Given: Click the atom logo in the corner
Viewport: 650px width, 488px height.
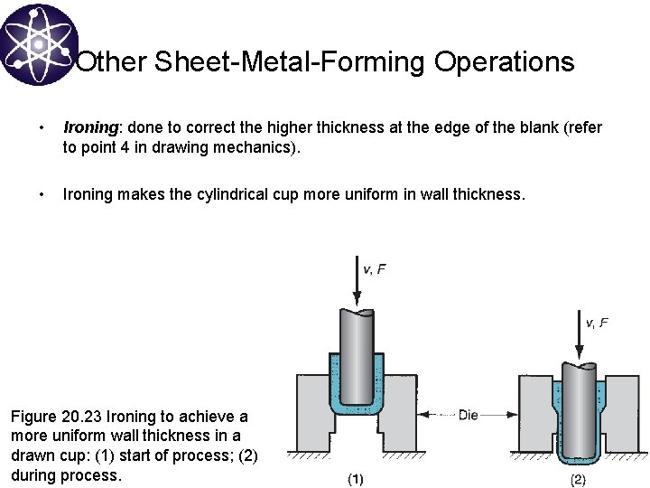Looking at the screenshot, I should (x=39, y=42).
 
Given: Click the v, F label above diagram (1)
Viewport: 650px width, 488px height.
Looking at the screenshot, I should (x=374, y=268).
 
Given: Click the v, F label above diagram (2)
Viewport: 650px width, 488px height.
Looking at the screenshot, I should (x=597, y=322).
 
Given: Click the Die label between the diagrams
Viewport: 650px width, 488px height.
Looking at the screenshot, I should (x=469, y=415).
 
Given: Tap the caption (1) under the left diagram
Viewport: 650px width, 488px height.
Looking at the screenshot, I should (x=357, y=479).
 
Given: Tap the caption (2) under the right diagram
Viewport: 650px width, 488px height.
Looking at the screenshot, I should (x=579, y=479).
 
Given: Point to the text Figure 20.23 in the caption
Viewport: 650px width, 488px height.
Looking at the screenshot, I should (x=56, y=417).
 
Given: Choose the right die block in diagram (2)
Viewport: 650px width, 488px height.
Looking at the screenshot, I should (x=623, y=411).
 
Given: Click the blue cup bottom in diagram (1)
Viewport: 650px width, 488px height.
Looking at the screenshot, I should (x=357, y=410).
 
